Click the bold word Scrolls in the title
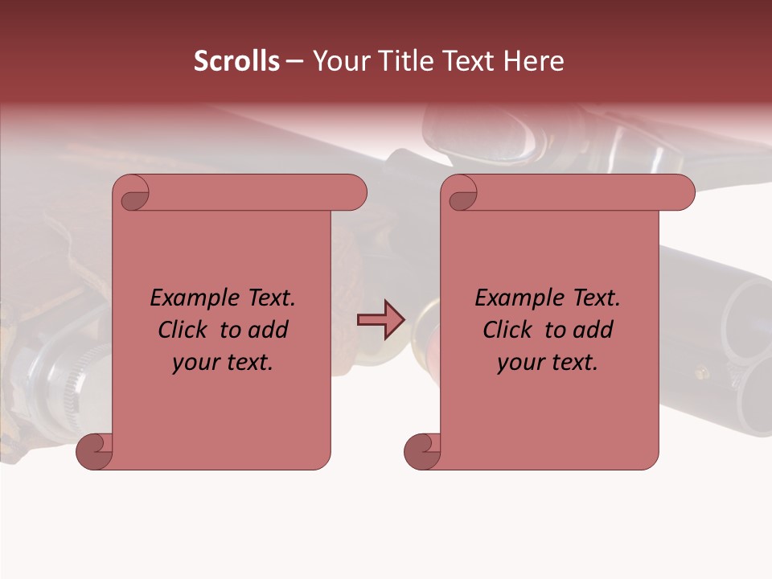click(x=236, y=61)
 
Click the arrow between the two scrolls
click(x=381, y=319)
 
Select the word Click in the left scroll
click(x=184, y=330)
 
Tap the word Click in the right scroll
click(x=508, y=330)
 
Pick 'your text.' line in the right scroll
click(x=548, y=362)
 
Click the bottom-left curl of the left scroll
click(x=93, y=450)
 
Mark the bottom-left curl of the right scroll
click(x=421, y=450)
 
